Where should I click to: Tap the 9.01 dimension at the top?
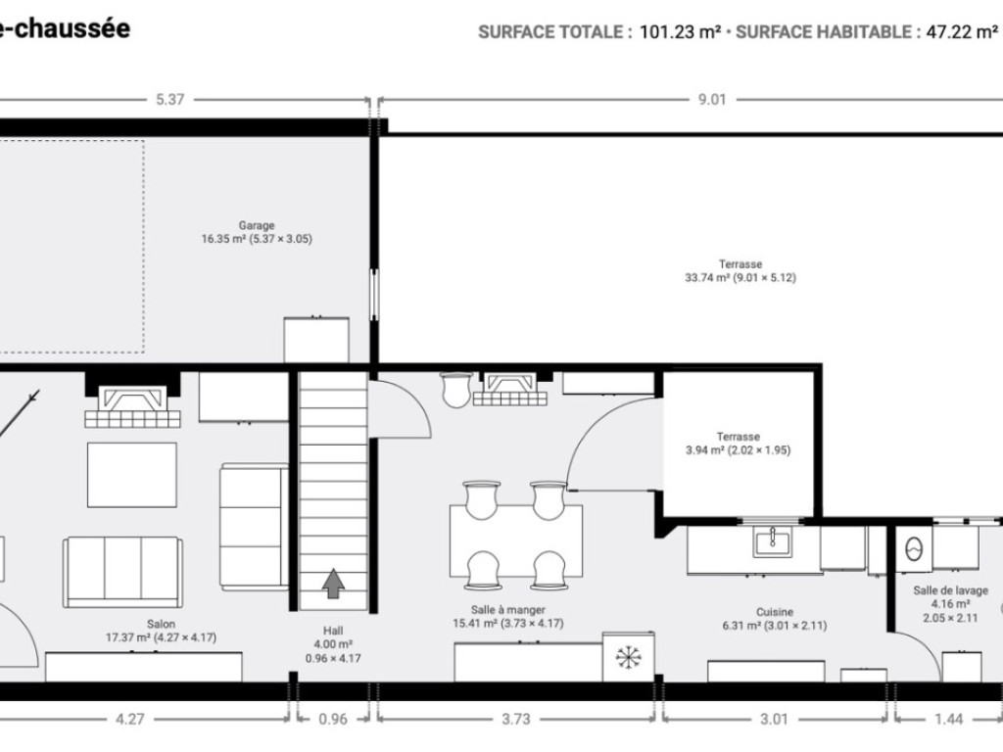711,99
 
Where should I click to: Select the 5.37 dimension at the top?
170,99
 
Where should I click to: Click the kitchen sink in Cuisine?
773,541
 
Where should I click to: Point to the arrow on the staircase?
334,584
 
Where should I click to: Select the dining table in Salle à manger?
516,540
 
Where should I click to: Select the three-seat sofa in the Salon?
122,572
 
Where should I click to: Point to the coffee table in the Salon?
132,475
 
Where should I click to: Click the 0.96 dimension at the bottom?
334,720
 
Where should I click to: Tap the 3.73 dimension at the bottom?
516,720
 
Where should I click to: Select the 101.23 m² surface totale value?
681,31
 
